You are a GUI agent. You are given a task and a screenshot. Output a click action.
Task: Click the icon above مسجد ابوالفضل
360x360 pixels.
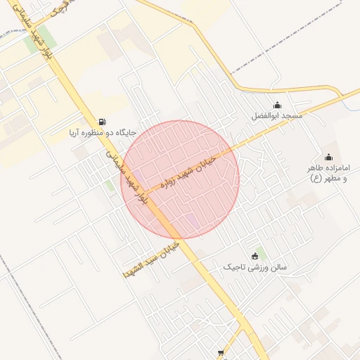point(276,105)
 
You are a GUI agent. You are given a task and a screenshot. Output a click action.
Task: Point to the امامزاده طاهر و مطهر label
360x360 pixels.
point(328,173)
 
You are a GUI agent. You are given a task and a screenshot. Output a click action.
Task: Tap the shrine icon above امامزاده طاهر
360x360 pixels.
point(328,157)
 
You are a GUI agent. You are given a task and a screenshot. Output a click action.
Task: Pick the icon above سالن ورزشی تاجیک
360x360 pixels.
point(255,257)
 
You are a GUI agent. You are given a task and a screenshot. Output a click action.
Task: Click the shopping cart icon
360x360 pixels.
point(221,353)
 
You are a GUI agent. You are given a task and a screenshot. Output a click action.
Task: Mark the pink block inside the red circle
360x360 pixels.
point(191,221)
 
